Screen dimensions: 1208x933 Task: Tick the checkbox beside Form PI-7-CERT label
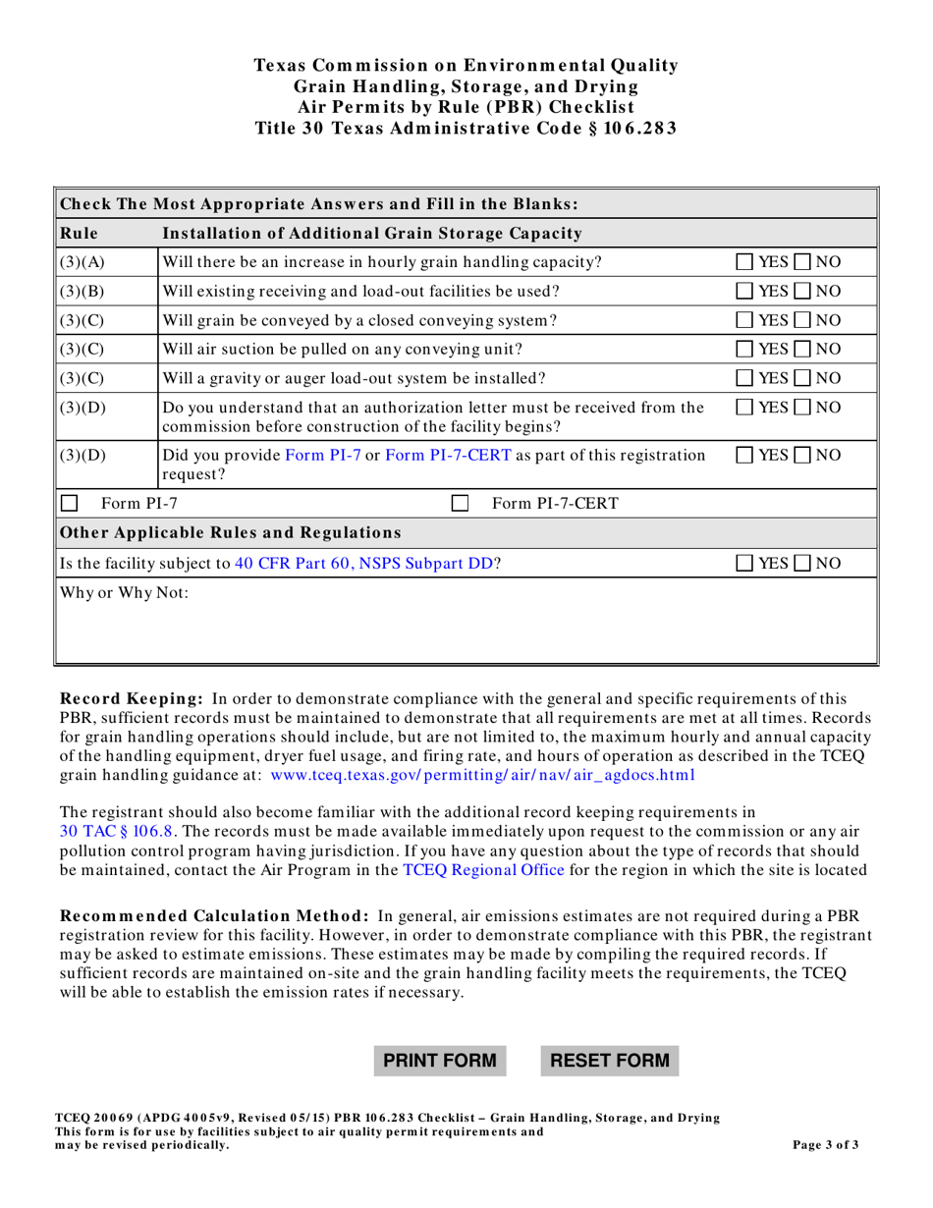pos(459,505)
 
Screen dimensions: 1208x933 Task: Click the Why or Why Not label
pos(111,593)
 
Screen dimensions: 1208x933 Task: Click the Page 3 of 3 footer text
pos(825,1145)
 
